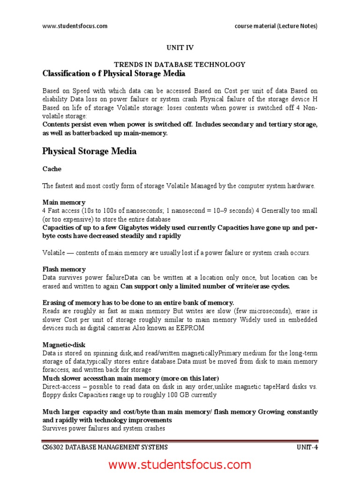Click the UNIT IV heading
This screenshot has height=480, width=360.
(180, 47)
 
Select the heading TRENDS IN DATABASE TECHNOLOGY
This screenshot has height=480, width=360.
(180, 64)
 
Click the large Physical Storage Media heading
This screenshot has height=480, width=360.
(90, 151)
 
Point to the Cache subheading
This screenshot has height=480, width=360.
(52, 169)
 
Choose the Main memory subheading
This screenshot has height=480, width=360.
(64, 202)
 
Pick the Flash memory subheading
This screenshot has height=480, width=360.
(64, 269)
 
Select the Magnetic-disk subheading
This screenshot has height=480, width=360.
(64, 345)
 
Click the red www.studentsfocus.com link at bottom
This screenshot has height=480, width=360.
(180, 465)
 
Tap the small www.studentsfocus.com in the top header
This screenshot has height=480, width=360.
(75, 26)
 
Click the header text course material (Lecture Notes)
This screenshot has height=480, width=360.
(276, 26)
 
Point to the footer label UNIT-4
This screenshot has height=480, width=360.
(307, 447)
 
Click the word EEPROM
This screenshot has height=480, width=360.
(191, 328)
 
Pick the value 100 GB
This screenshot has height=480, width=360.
(172, 395)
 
